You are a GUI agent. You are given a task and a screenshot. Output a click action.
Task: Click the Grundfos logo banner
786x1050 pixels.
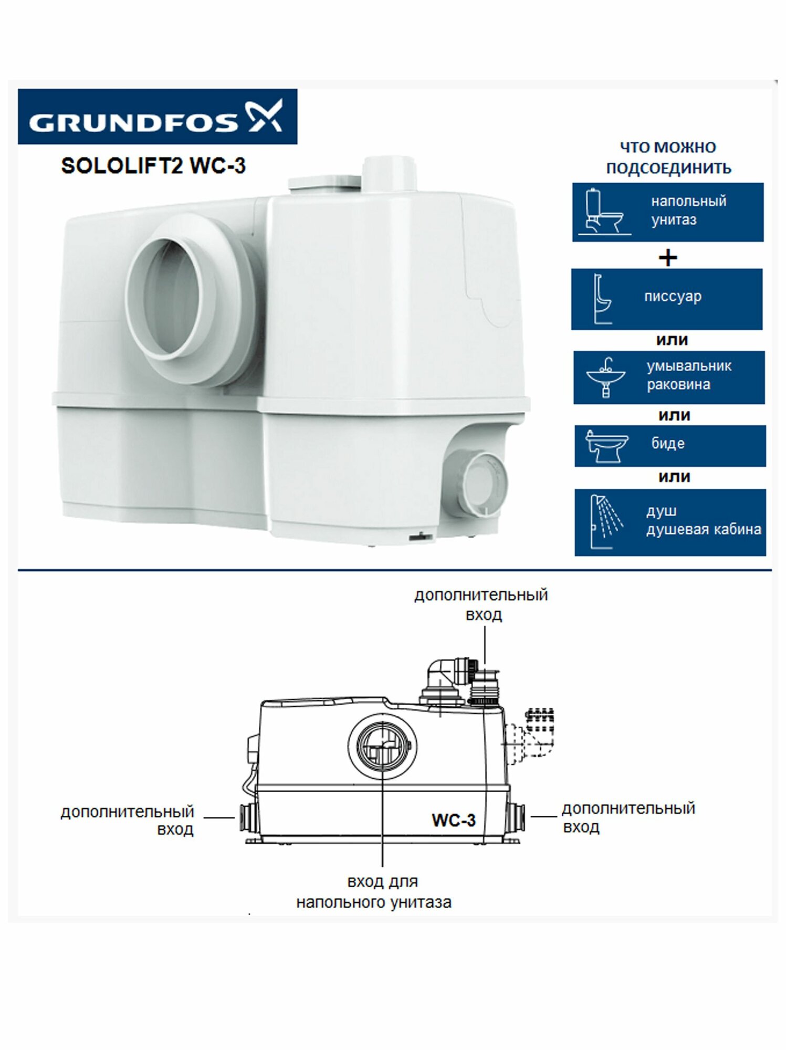[157, 117]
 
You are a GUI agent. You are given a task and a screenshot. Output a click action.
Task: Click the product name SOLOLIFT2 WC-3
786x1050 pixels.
[153, 166]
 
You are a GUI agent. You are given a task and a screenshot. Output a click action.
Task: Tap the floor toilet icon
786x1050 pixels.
[603, 212]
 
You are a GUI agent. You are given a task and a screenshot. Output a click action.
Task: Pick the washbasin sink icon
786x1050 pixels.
[605, 377]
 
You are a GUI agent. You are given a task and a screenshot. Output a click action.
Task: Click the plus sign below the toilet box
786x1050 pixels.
[668, 258]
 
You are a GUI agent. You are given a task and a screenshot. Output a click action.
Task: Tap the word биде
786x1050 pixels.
[668, 444]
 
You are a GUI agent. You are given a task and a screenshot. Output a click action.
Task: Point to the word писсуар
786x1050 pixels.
[673, 297]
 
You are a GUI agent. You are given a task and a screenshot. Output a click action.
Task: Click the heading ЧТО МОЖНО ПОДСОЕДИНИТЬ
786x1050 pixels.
[668, 157]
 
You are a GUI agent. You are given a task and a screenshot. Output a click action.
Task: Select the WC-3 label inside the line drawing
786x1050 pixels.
[454, 820]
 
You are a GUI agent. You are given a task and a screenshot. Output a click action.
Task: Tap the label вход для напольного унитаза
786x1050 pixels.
[374, 892]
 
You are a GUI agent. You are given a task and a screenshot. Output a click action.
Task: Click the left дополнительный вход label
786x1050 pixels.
[127, 821]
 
